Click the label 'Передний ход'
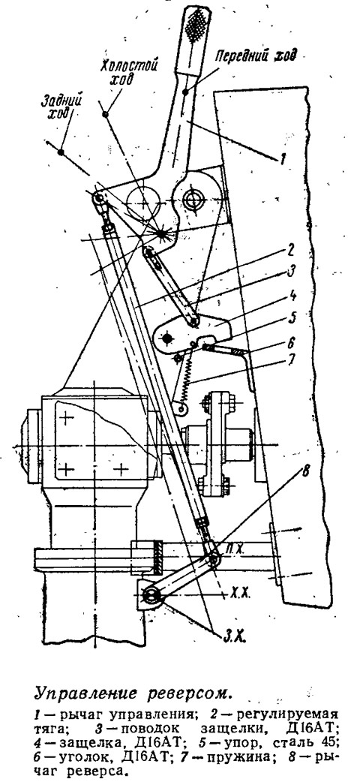coord(256,56)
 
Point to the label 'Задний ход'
coord(61,106)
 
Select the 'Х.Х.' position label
coord(240,594)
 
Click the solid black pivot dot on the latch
coord(166,338)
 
